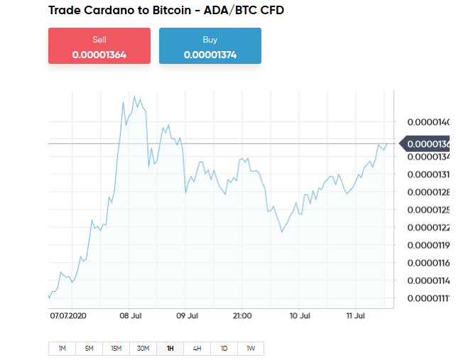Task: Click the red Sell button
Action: (x=99, y=46)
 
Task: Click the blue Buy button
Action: (x=210, y=46)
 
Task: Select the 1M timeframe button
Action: (x=62, y=349)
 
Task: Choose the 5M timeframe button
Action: (x=89, y=349)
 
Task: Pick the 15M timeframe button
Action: (x=116, y=349)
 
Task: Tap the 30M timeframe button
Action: (x=143, y=349)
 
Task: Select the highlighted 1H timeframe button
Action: (x=170, y=349)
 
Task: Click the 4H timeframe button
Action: (x=197, y=349)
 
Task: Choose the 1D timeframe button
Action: (x=224, y=349)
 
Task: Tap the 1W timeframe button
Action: (x=251, y=349)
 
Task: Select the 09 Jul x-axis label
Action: (x=186, y=315)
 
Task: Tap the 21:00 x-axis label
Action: (x=243, y=315)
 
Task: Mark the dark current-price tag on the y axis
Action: (x=428, y=144)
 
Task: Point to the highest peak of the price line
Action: (x=134, y=94)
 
